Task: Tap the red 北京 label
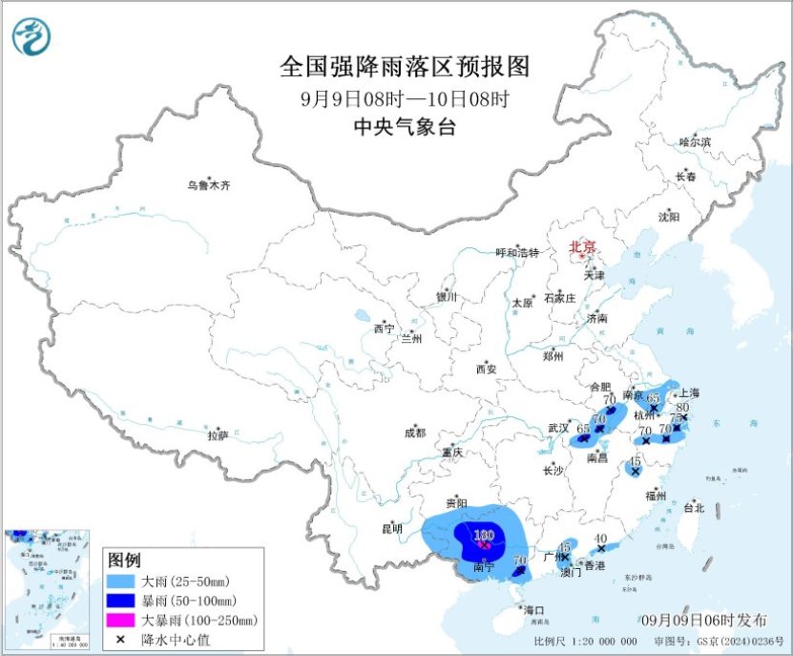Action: pyautogui.click(x=582, y=247)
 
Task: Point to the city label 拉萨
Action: pyautogui.click(x=218, y=435)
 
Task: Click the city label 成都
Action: pyautogui.click(x=415, y=433)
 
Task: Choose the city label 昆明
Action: pyautogui.click(x=392, y=528)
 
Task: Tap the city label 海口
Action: pyautogui.click(x=532, y=610)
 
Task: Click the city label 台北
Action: pyautogui.click(x=692, y=508)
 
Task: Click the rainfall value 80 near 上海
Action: pyautogui.click(x=682, y=407)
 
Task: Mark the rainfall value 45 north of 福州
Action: pyautogui.click(x=636, y=460)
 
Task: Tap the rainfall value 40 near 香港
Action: pyautogui.click(x=599, y=539)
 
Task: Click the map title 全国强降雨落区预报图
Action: pyautogui.click(x=405, y=67)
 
